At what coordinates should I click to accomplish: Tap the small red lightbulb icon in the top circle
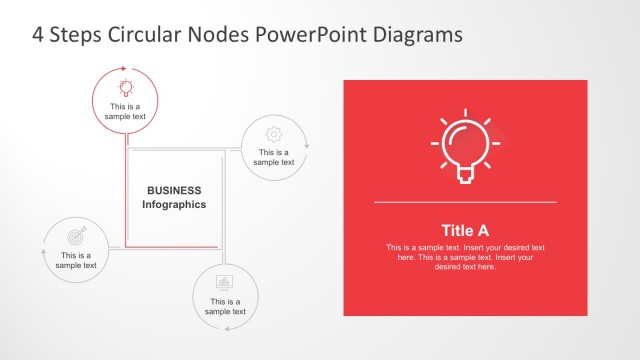(x=125, y=87)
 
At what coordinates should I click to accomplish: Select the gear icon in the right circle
(x=273, y=133)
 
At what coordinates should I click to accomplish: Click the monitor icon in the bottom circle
(x=225, y=281)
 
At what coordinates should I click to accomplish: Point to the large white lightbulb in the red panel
(x=464, y=146)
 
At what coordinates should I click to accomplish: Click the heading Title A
(x=465, y=229)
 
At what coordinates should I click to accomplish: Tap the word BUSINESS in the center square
(x=174, y=190)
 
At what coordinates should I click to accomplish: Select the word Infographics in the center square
(x=174, y=204)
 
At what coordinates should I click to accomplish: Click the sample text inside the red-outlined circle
(x=125, y=111)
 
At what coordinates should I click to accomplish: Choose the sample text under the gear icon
(x=273, y=157)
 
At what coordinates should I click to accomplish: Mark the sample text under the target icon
(x=76, y=260)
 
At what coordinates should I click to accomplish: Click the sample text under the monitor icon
(x=225, y=306)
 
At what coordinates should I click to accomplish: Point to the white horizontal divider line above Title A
(x=465, y=202)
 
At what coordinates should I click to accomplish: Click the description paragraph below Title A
(x=465, y=257)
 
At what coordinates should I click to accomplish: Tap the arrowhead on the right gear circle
(x=307, y=146)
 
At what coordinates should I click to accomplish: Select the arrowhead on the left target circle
(x=43, y=251)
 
